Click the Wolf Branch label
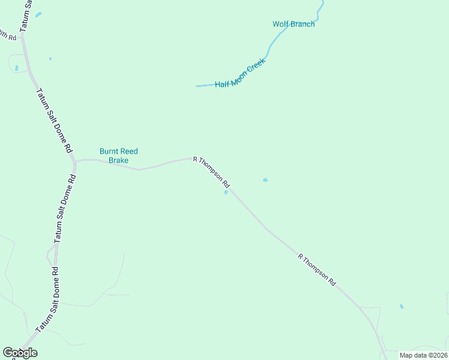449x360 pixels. [x=294, y=24]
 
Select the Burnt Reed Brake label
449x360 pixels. [x=119, y=156]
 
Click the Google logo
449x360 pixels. [x=20, y=353]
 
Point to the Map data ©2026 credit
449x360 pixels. [x=423, y=355]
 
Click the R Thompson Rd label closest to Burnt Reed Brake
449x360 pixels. [x=211, y=171]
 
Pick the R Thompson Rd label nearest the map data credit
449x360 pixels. [x=317, y=269]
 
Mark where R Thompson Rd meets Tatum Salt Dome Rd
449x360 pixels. [x=74, y=161]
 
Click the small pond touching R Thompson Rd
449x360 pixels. [x=226, y=193]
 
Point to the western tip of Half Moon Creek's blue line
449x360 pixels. [x=196, y=86]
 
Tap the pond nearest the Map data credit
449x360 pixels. [x=402, y=307]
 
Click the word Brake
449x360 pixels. [x=119, y=161]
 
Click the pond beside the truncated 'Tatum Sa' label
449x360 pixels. [x=38, y=14]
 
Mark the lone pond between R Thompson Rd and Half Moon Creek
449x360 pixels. [x=265, y=179]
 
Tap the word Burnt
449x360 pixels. [x=109, y=152]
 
